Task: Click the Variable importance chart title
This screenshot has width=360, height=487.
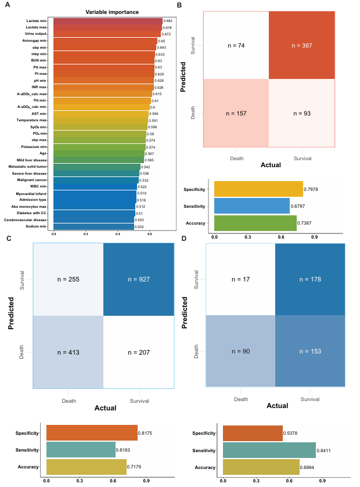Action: pyautogui.click(x=111, y=12)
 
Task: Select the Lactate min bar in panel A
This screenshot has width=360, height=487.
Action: pyautogui.click(x=108, y=21)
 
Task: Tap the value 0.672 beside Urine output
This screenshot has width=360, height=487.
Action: pyautogui.click(x=166, y=34)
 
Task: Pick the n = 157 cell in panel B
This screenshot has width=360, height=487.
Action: pyautogui.click(x=236, y=113)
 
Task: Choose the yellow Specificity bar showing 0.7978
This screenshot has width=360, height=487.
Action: pyautogui.click(x=258, y=189)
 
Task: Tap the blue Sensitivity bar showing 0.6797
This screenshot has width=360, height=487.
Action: pyautogui.click(x=251, y=206)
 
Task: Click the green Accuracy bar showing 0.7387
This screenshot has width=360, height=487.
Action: pyautogui.click(x=255, y=223)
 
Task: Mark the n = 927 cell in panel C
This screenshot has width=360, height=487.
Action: pyautogui.click(x=138, y=279)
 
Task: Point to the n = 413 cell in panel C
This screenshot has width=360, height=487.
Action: pyautogui.click(x=68, y=352)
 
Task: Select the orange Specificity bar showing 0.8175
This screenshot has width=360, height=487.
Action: pyautogui.click(x=92, y=433)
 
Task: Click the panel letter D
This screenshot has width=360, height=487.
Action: pyautogui.click(x=183, y=238)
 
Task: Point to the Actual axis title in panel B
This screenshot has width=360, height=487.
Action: pyautogui.click(x=270, y=165)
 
